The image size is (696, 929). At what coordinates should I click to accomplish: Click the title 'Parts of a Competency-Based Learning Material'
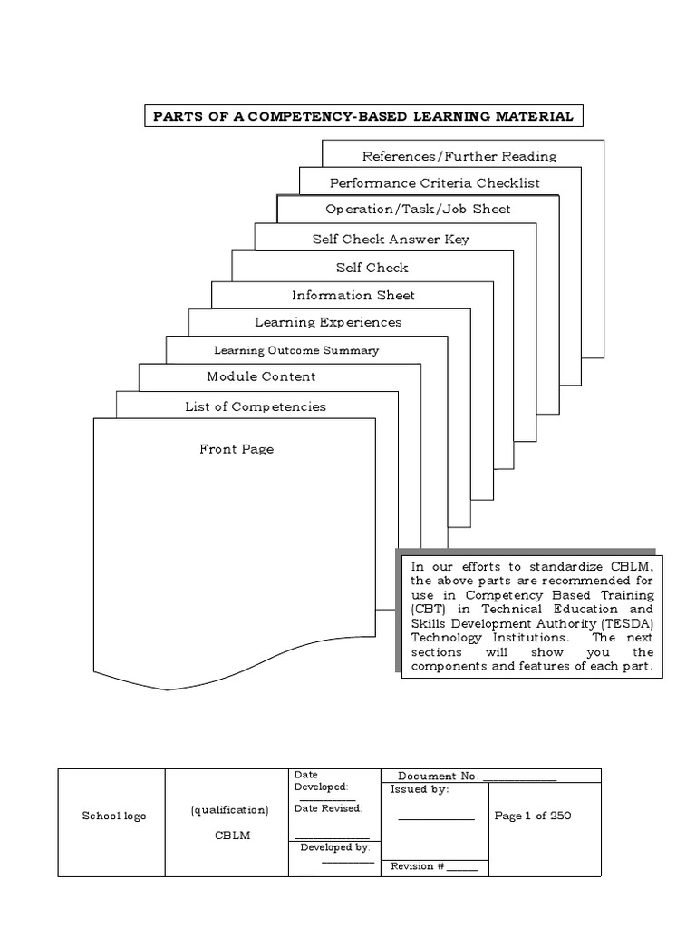(362, 117)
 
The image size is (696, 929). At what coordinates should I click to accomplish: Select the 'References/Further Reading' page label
(459, 156)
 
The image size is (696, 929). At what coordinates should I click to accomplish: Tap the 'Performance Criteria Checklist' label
(434, 183)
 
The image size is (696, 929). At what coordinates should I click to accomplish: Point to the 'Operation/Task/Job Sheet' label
(418, 210)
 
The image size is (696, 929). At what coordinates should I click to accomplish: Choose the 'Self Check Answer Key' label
(391, 240)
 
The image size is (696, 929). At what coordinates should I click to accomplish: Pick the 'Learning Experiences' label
(328, 322)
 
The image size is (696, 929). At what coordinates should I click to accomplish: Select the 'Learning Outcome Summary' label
(296, 350)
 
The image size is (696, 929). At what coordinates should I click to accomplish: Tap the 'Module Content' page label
(261, 376)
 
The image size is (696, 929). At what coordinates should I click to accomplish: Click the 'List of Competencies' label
(256, 406)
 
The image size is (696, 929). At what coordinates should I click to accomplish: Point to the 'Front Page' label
(237, 449)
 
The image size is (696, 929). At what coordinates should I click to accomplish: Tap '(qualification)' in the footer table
(229, 810)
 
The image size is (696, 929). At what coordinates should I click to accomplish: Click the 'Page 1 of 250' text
(533, 816)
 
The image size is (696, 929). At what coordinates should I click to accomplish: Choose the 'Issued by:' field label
(420, 789)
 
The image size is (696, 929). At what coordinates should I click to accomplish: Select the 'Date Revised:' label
(328, 808)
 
